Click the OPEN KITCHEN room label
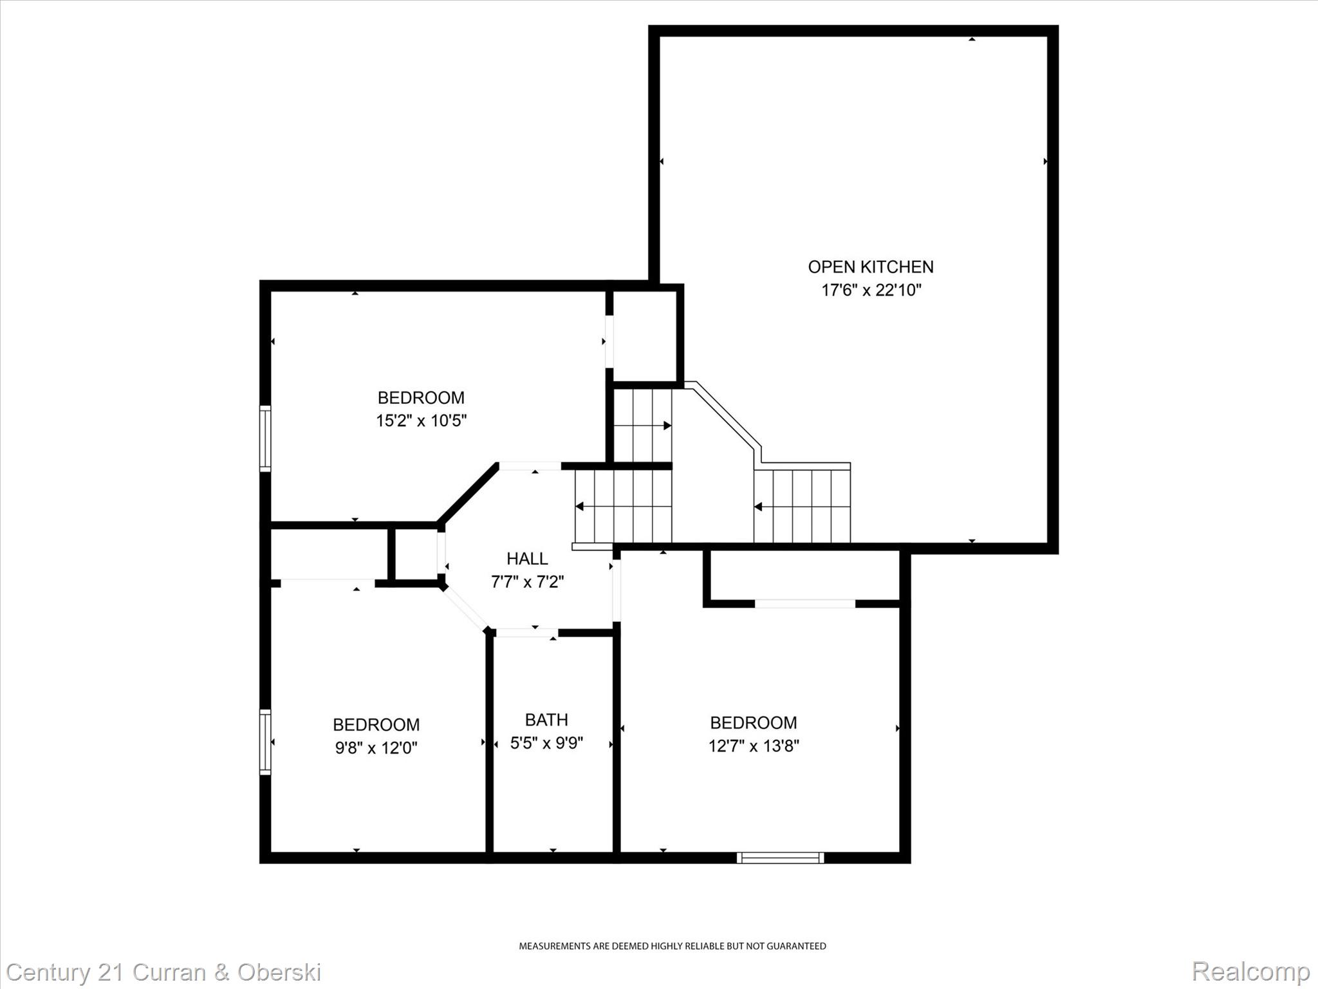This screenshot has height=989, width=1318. [x=870, y=267]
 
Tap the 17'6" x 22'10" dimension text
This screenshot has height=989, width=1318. [x=871, y=290]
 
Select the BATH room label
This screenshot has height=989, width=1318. [x=546, y=719]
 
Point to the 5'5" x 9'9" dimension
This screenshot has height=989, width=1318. [x=546, y=743]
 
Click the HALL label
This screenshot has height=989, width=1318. [x=527, y=558]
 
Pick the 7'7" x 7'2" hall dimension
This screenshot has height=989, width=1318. [x=527, y=582]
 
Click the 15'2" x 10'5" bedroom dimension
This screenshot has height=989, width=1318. [x=421, y=421]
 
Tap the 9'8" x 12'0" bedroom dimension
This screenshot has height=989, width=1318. [x=376, y=748]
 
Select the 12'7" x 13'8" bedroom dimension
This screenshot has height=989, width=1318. [x=754, y=746]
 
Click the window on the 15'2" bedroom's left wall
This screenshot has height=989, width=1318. [x=265, y=438]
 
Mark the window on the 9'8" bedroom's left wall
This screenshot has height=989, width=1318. [x=265, y=741]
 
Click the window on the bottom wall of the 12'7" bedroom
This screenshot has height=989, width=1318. [x=780, y=858]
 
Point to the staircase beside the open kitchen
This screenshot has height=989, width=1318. [x=802, y=506]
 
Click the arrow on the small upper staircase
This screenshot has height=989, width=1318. [x=667, y=426]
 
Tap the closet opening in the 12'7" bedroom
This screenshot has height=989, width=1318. [x=804, y=604]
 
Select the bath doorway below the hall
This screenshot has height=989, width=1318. [x=526, y=633]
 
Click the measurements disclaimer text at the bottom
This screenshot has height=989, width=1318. [x=673, y=946]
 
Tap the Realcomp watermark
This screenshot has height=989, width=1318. [x=1250, y=972]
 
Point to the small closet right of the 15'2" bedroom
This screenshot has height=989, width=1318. [x=644, y=336]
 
